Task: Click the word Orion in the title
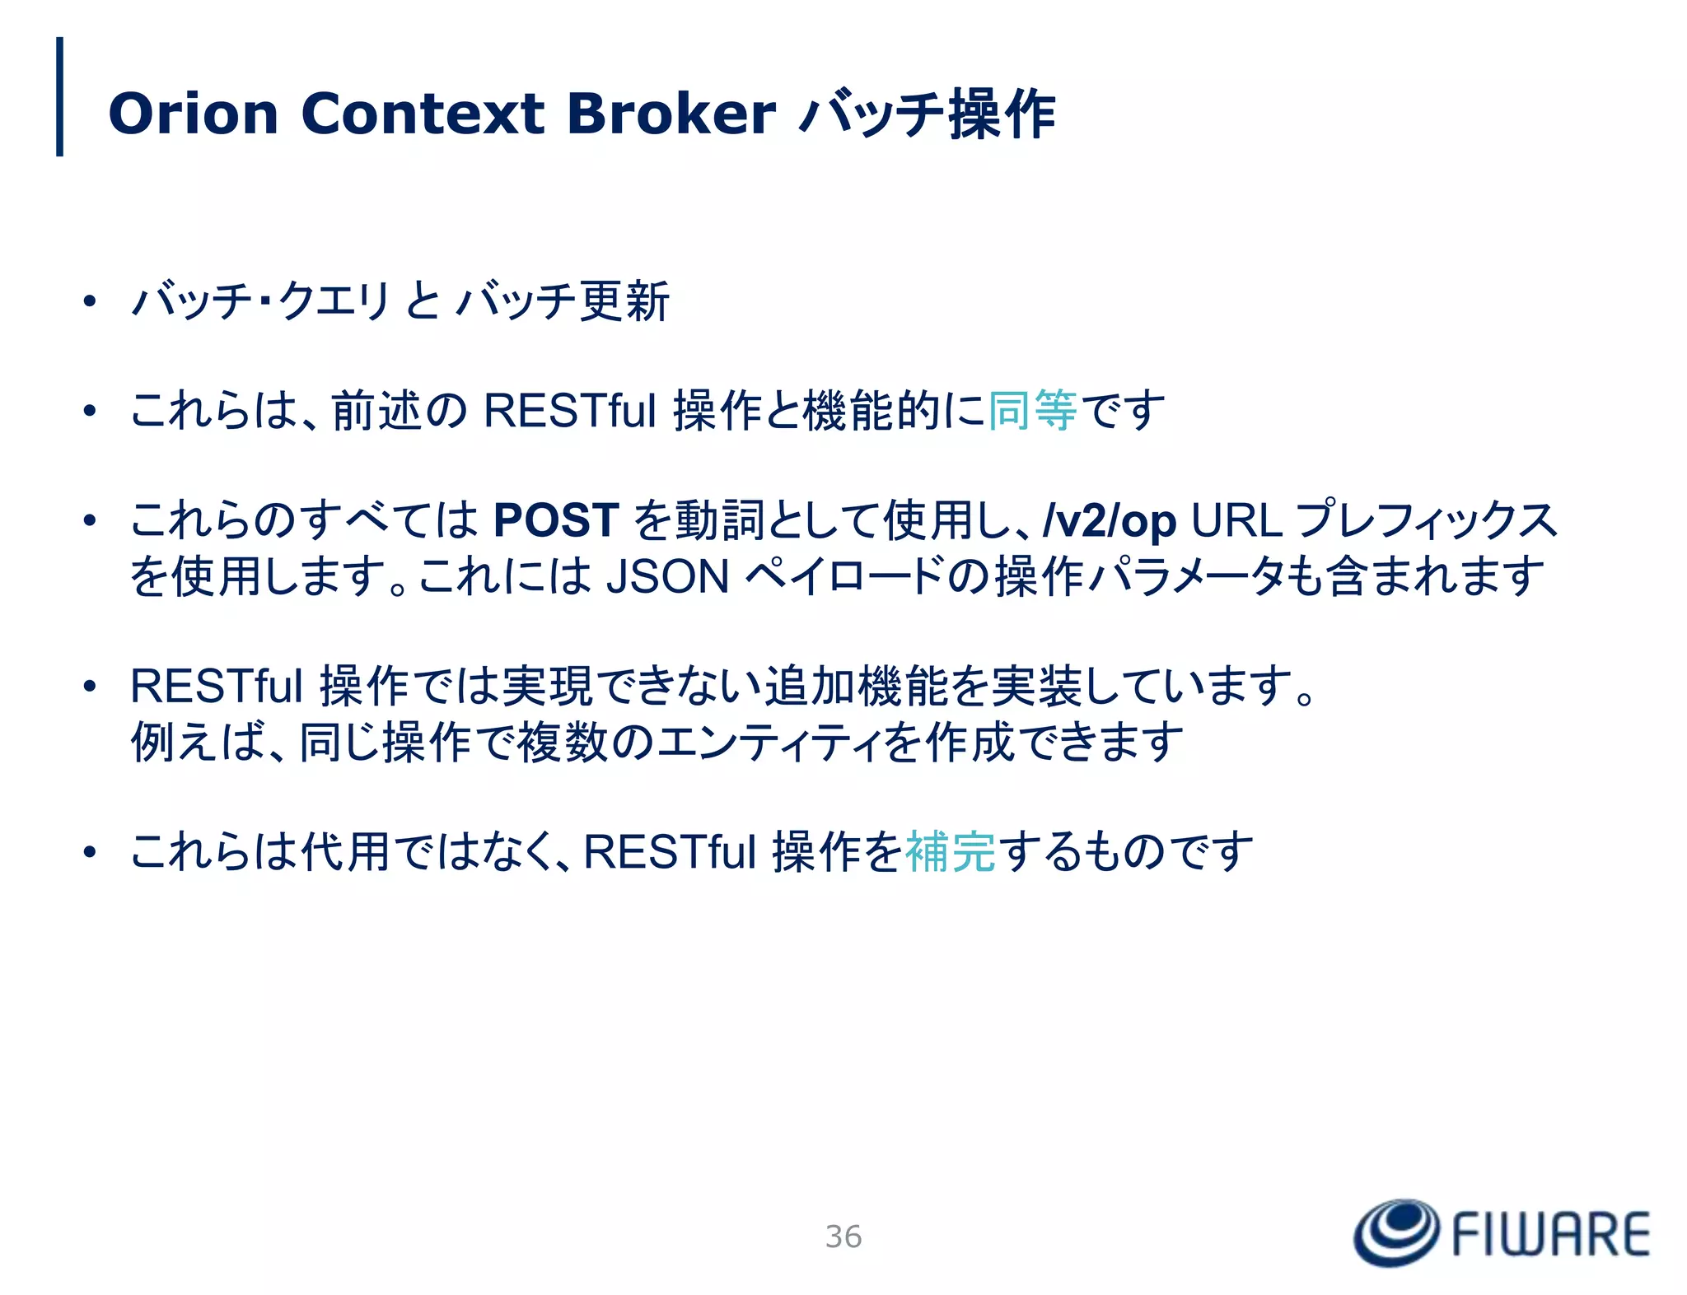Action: pos(194,114)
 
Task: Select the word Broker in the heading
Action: pos(671,114)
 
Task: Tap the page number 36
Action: pos(843,1237)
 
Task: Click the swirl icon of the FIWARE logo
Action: pos(1396,1232)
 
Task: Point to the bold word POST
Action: pos(556,520)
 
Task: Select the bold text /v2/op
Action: pos(1109,520)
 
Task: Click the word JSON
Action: pos(668,576)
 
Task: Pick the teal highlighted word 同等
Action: pos(1032,410)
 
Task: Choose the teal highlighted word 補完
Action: pos(951,851)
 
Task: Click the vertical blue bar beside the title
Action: pos(59,96)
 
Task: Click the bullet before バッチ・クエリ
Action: pos(90,301)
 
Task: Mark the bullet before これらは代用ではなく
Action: pos(90,852)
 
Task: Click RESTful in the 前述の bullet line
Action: pos(570,410)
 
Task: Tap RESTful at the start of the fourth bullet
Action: pos(217,686)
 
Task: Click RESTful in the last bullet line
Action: pos(670,851)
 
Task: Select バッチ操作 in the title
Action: pos(928,114)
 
